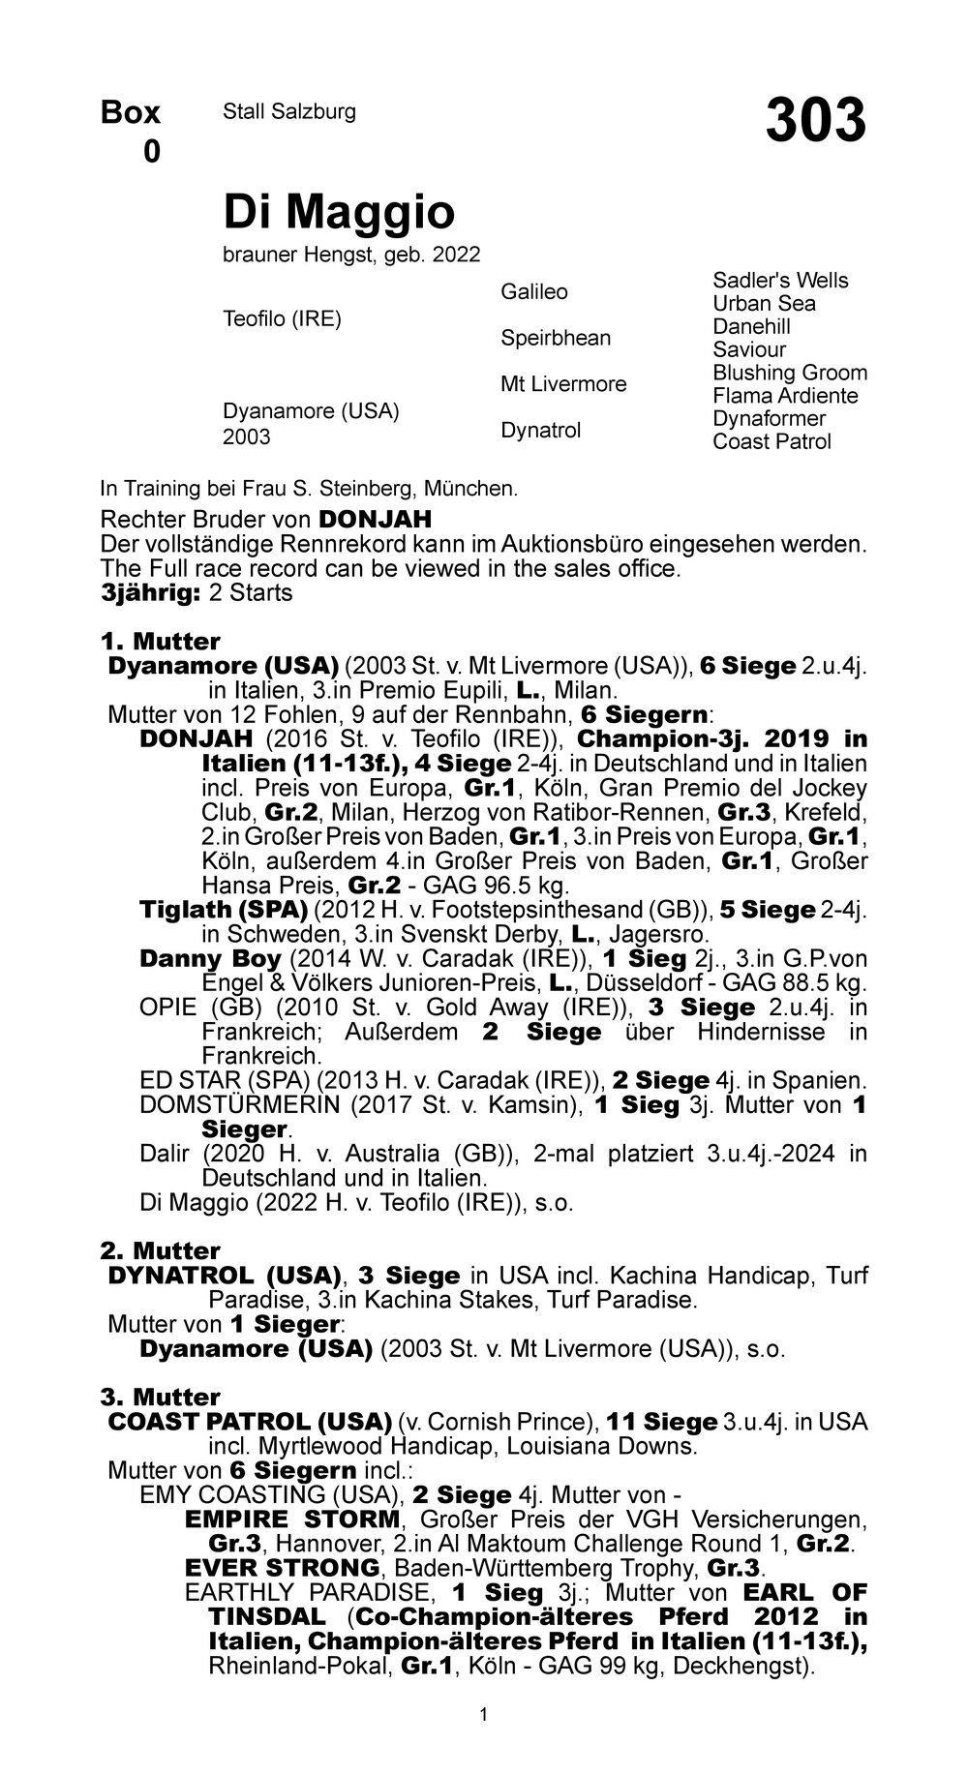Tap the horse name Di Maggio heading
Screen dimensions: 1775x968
pos(339,211)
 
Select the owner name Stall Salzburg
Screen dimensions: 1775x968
pos(289,112)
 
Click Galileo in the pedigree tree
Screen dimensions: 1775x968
pos(533,292)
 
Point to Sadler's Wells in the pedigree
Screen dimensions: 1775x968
pos(780,281)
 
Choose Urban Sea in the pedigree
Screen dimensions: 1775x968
pos(764,304)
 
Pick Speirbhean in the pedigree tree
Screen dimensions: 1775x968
pos(556,338)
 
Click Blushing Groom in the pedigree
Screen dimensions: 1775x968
pos(790,373)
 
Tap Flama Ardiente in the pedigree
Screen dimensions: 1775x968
pos(785,396)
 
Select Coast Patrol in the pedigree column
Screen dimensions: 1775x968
pos(771,442)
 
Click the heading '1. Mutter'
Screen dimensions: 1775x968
pos(160,642)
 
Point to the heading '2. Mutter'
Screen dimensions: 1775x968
pos(160,1251)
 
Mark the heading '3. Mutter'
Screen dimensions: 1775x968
pos(160,1398)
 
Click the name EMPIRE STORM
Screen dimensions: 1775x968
pos(291,1519)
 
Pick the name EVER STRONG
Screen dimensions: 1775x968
pos(282,1567)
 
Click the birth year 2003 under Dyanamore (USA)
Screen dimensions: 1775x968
pos(247,437)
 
